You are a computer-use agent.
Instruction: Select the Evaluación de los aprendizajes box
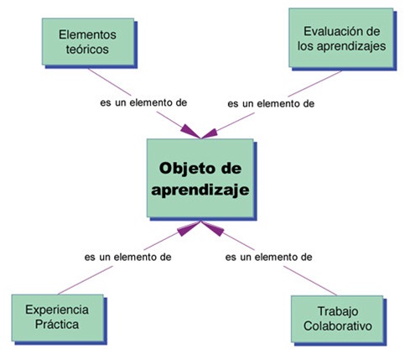[343, 39]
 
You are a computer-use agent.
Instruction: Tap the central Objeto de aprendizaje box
[201, 180]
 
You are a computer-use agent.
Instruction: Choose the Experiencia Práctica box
[59, 319]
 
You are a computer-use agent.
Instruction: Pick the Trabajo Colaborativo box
[339, 321]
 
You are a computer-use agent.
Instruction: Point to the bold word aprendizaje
[200, 190]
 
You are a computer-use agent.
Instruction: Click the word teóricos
[87, 50]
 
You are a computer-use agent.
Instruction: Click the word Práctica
[57, 325]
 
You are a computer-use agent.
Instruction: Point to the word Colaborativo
[338, 326]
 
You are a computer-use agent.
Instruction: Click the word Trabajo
[338, 311]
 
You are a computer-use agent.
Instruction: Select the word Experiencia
[57, 310]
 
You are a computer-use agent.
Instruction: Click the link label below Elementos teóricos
[143, 102]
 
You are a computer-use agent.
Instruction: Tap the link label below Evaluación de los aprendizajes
[271, 104]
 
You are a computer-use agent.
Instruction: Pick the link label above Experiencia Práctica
[127, 257]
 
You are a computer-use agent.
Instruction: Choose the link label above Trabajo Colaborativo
[268, 257]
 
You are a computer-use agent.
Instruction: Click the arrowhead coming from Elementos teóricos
[190, 132]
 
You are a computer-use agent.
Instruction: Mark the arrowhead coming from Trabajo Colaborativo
[213, 228]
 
